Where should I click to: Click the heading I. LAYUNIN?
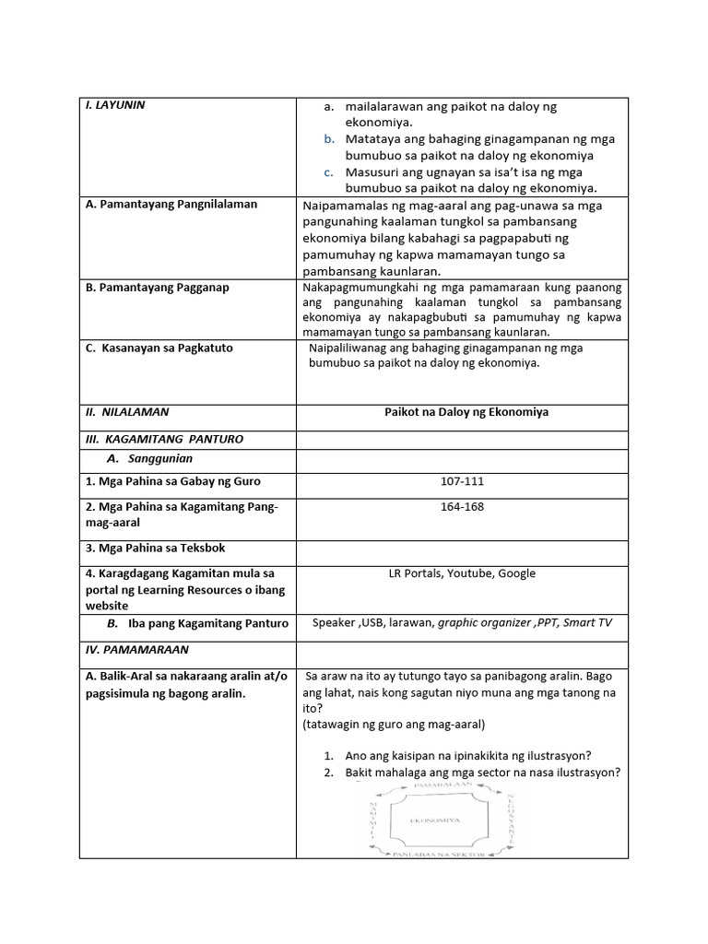click(x=115, y=105)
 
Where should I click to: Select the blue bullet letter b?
click(x=328, y=139)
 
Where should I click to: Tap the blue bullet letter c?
click(x=328, y=172)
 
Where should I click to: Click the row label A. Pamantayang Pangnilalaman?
click(x=171, y=205)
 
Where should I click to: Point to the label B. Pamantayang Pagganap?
click(x=157, y=288)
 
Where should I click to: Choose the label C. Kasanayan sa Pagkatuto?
click(x=159, y=348)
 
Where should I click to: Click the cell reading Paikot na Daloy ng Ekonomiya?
click(x=466, y=412)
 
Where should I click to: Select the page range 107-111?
click(x=462, y=481)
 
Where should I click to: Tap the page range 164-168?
click(x=462, y=506)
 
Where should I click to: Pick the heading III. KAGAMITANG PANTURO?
click(x=164, y=440)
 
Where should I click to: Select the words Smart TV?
click(x=587, y=623)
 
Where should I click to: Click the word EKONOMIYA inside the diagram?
click(x=433, y=820)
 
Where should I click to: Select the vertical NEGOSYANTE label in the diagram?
click(x=510, y=819)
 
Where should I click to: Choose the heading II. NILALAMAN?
click(x=126, y=412)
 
